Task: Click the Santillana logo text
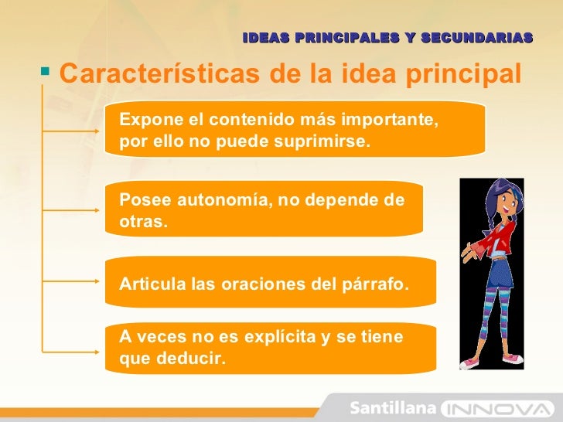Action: [394, 407]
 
